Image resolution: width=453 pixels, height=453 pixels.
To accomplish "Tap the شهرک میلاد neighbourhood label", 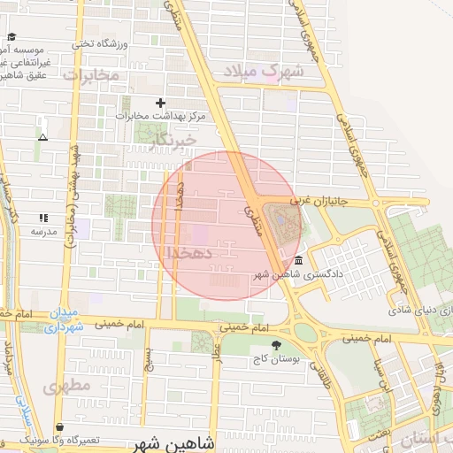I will tap(264, 71).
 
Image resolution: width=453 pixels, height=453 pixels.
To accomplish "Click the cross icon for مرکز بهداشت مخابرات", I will tap(160, 103).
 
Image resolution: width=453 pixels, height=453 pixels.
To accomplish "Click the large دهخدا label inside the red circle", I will tap(188, 254).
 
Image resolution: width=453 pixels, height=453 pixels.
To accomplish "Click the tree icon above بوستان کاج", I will tap(278, 345).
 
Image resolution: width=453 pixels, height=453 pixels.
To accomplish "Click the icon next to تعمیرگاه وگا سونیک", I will tap(59, 426).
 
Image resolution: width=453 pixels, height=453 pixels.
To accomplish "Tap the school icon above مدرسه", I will tap(43, 218).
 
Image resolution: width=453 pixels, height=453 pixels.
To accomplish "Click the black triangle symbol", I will tap(42, 137).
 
